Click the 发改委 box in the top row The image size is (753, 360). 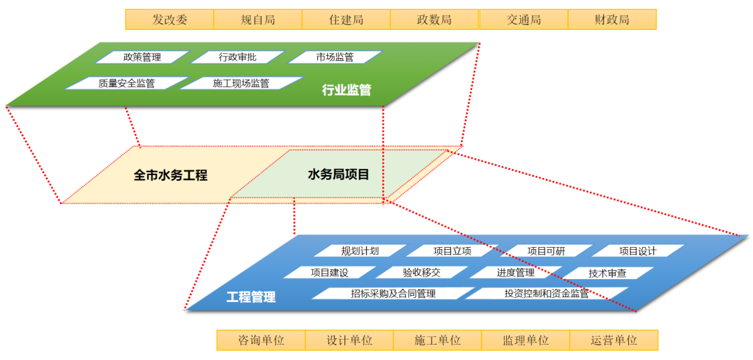click(169, 20)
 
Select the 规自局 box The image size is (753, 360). click(258, 20)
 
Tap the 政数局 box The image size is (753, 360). click(434, 20)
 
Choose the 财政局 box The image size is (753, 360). click(612, 20)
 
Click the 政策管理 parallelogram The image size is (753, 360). click(142, 57)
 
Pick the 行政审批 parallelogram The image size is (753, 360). click(238, 57)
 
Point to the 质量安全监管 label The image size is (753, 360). click(126, 83)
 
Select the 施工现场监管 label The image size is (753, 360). click(241, 83)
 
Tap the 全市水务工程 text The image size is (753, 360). click(171, 175)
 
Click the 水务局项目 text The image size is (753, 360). click(338, 174)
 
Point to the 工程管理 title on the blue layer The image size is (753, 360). click(251, 297)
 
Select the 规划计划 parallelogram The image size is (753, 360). click(360, 251)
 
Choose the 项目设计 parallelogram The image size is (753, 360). click(638, 251)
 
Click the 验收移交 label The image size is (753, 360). click(422, 272)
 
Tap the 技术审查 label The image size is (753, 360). click(607, 273)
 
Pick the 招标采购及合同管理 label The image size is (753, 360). click(393, 294)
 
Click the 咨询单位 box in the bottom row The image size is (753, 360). click(261, 340)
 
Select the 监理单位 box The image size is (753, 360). click(526, 340)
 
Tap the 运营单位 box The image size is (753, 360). click(614, 340)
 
